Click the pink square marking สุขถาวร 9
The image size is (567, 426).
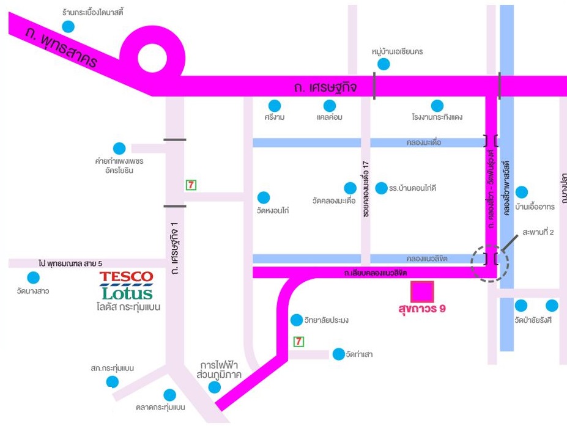422,292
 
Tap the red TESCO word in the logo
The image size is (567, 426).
127,277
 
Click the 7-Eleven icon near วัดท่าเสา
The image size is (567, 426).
298,342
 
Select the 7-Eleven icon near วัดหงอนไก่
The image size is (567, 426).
191,185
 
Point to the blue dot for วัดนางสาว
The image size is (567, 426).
34,277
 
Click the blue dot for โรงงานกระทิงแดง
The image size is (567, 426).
437,106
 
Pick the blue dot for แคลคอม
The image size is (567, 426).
329,106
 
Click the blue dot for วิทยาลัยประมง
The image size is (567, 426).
297,320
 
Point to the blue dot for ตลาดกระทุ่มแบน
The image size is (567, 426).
170,395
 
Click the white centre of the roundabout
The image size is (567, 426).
151,58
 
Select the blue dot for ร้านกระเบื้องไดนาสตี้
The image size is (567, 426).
68,26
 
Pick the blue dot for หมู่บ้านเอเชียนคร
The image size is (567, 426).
384,64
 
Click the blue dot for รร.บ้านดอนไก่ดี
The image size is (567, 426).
382,188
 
